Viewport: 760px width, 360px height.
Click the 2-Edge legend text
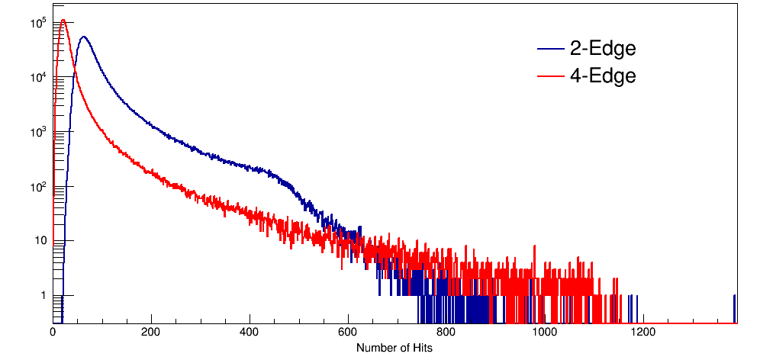click(603, 50)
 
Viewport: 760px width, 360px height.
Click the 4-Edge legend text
click(603, 76)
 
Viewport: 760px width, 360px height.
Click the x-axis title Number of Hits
click(394, 348)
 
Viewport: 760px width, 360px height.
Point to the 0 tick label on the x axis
click(53, 333)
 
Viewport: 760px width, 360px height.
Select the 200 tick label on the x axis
click(151, 333)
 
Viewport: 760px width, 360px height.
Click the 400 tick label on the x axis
click(250, 333)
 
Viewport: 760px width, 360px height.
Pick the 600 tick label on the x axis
click(348, 333)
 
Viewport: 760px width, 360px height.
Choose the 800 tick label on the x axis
click(446, 333)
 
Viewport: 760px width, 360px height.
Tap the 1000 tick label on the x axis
click(545, 333)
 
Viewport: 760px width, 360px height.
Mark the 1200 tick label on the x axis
click(643, 333)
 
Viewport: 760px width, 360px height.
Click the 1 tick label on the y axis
click(43, 295)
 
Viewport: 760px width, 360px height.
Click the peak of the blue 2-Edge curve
click(83, 37)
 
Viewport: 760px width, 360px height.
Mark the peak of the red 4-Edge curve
click(63, 21)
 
